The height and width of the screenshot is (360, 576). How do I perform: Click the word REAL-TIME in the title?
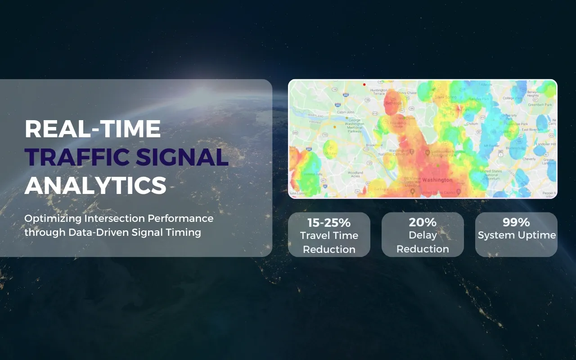pyautogui.click(x=92, y=130)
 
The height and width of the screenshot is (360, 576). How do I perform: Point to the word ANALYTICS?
pyautogui.click(x=95, y=185)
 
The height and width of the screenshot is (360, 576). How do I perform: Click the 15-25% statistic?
pyautogui.click(x=329, y=222)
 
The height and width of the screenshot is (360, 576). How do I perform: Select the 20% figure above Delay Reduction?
pyautogui.click(x=423, y=222)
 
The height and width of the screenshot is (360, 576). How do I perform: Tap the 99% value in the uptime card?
pyautogui.click(x=516, y=222)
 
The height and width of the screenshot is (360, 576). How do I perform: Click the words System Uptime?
pyautogui.click(x=516, y=235)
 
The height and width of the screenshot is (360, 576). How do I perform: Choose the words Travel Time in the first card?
pyautogui.click(x=329, y=235)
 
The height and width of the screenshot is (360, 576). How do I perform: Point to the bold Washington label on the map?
pyautogui.click(x=437, y=180)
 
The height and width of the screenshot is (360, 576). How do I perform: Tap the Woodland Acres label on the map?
pyautogui.click(x=355, y=175)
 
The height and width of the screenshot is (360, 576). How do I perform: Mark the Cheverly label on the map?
pyautogui.click(x=529, y=159)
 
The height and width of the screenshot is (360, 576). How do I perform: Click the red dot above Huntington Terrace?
pyautogui.click(x=364, y=84)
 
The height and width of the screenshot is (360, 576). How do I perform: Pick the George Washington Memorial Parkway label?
pyautogui.click(x=355, y=127)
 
